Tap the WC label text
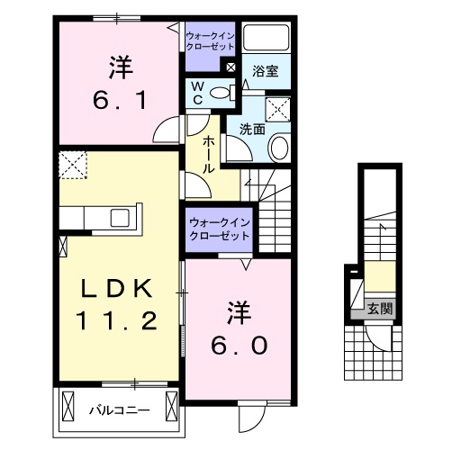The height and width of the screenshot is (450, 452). [x=198, y=92]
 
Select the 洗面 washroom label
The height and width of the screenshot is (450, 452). [x=252, y=129]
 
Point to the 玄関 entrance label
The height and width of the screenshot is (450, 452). [x=379, y=310]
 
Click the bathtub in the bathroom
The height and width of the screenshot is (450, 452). [x=267, y=38]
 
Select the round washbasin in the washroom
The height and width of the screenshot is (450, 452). [x=279, y=147]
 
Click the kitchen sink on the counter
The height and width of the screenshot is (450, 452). [x=119, y=219]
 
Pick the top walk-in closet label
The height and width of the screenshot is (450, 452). [x=210, y=40]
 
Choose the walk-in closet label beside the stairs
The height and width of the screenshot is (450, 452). [x=219, y=229]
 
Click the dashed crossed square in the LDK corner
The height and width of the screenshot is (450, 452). [x=70, y=166]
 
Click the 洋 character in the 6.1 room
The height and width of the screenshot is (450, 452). [x=118, y=65]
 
